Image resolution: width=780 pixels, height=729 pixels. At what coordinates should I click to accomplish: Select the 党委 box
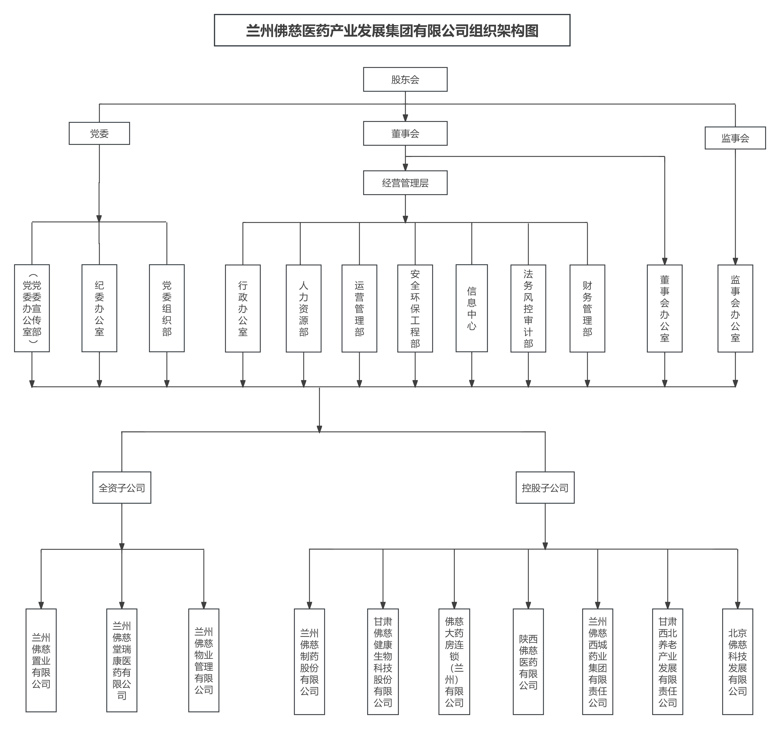pos(99,133)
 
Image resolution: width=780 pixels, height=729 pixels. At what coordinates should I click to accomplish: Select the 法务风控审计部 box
pos(528,308)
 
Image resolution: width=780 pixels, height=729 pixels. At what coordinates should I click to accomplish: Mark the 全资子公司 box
pos(122,488)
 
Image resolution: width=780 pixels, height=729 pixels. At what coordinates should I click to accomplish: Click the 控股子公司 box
pos(545,488)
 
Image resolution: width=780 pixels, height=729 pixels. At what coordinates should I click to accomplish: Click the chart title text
pos(392,31)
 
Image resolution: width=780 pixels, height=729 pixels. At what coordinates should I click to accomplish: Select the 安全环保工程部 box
pos(415,308)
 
